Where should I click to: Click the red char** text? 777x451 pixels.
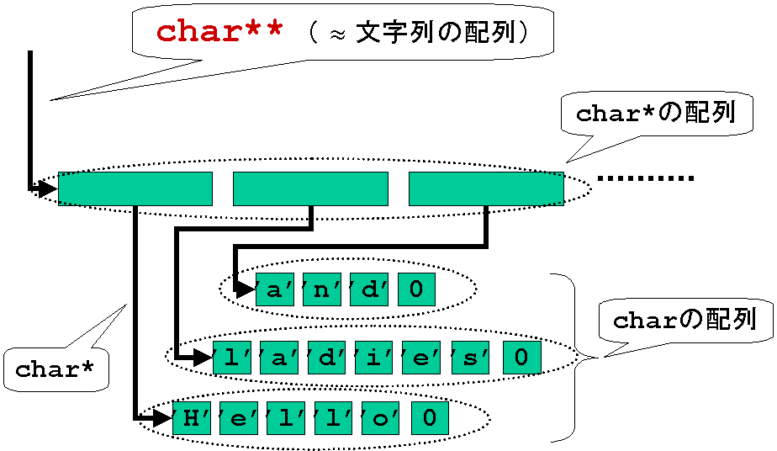219,32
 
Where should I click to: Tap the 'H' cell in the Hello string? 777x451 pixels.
191,418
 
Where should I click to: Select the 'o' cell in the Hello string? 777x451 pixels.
381,418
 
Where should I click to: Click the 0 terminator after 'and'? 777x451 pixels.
416,289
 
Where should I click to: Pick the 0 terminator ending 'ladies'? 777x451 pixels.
522,358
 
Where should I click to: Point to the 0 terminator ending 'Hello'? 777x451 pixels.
431,418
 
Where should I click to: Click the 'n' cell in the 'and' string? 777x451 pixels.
321,289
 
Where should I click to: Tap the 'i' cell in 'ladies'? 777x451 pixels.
374,358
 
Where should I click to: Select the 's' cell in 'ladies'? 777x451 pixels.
470,358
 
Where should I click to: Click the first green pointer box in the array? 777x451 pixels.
135,188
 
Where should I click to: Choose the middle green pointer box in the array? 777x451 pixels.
310,188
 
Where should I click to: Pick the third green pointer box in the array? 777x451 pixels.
486,188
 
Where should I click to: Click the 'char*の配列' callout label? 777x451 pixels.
656,113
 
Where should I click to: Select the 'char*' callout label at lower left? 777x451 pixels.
55,369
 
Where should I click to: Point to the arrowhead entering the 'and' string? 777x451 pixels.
246,289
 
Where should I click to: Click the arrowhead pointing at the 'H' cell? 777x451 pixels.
162,418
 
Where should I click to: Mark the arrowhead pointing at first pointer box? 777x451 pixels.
48,188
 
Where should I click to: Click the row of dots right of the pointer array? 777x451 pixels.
646,178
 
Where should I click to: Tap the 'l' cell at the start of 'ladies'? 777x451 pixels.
232,358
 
